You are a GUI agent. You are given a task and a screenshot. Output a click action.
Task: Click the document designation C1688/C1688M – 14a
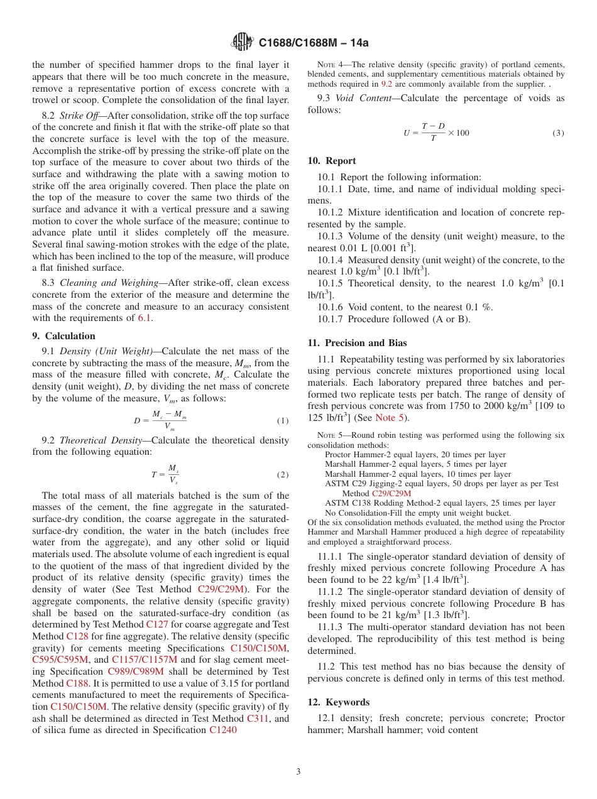tap(314, 43)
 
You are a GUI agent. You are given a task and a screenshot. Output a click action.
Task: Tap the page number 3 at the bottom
tap(298, 771)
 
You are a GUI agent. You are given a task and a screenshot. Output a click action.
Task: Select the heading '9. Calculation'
tap(64, 336)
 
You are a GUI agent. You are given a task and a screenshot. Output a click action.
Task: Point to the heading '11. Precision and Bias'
tap(357, 343)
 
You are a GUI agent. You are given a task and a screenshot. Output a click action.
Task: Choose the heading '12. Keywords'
tap(339, 702)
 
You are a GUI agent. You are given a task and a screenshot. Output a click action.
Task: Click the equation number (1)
tap(283, 421)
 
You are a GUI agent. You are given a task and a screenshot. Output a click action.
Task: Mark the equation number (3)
tap(558, 133)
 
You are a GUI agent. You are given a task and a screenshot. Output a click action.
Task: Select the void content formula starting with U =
tap(436, 133)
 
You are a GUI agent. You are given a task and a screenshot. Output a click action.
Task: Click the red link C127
tap(157, 624)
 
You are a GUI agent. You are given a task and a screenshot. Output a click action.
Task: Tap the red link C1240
tap(223, 731)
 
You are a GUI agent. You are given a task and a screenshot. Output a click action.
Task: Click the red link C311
tap(258, 719)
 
